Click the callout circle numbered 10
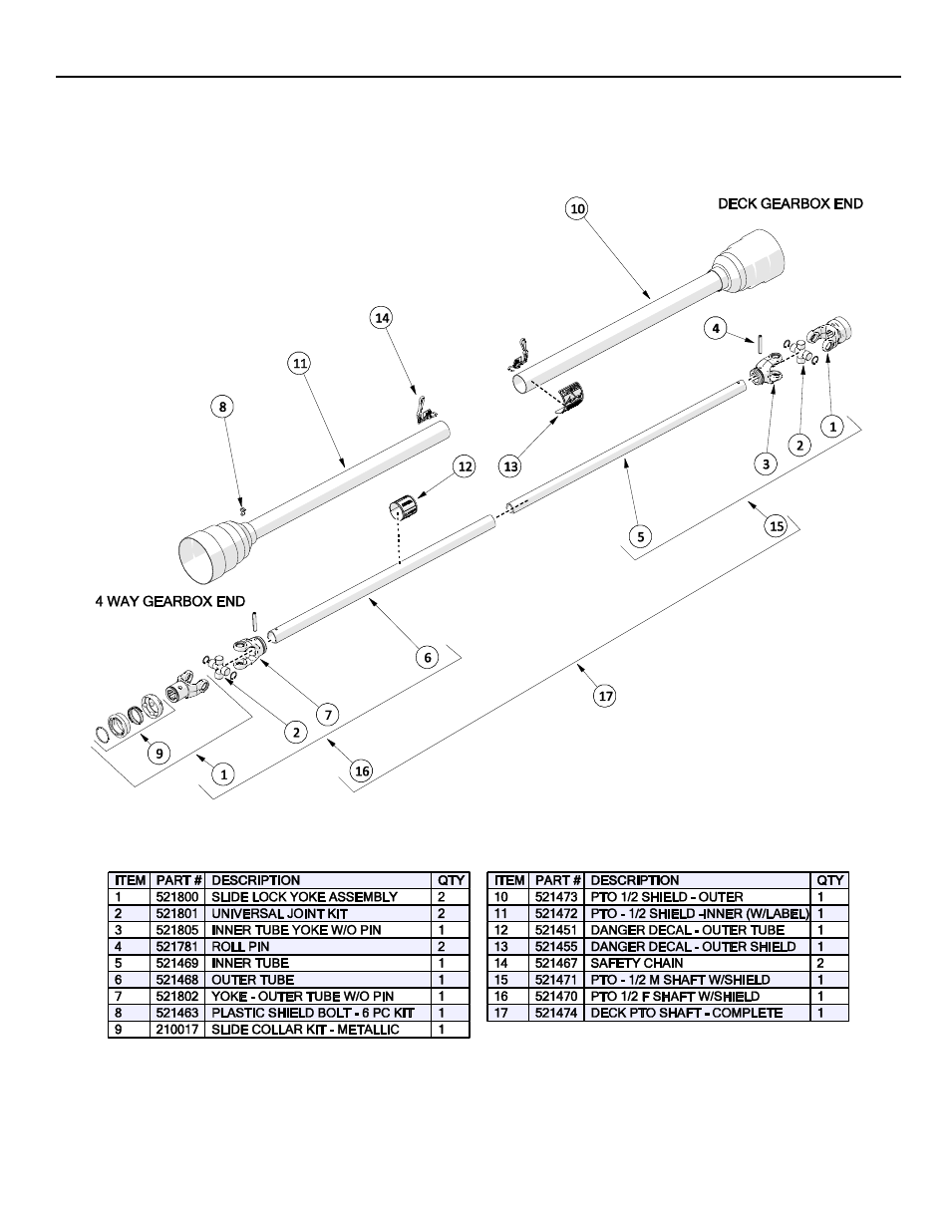click(x=576, y=208)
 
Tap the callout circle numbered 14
click(x=381, y=317)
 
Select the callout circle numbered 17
click(x=606, y=696)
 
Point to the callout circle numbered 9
click(x=159, y=753)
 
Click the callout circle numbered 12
click(x=464, y=465)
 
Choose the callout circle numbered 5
click(x=641, y=535)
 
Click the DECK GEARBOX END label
click(x=791, y=203)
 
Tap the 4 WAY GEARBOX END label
click(x=169, y=602)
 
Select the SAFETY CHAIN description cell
click(x=637, y=963)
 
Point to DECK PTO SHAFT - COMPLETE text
click(x=686, y=1013)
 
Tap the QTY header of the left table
click(x=452, y=880)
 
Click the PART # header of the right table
click(x=557, y=880)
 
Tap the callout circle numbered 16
click(x=362, y=770)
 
